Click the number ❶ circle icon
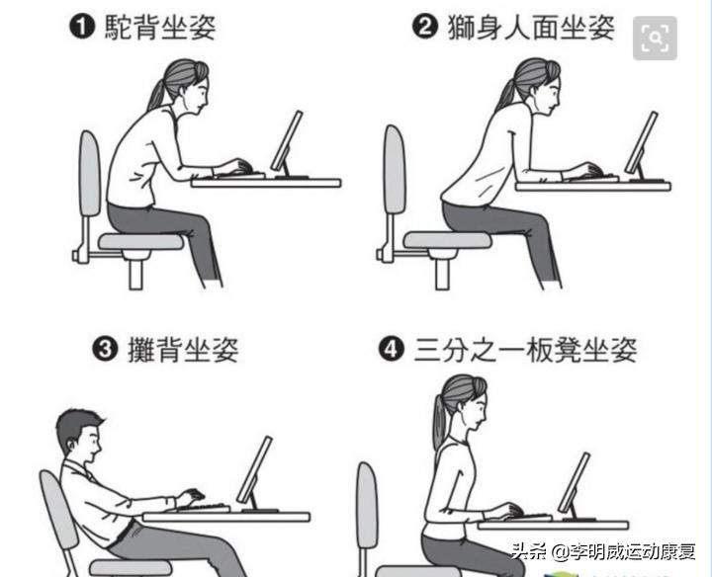(82, 27)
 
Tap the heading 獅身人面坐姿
(528, 27)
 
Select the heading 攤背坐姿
(184, 349)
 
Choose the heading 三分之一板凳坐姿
(525, 349)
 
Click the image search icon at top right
(655, 39)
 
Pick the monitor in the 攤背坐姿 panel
(255, 470)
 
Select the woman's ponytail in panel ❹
(439, 425)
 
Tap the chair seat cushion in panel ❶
(141, 240)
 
